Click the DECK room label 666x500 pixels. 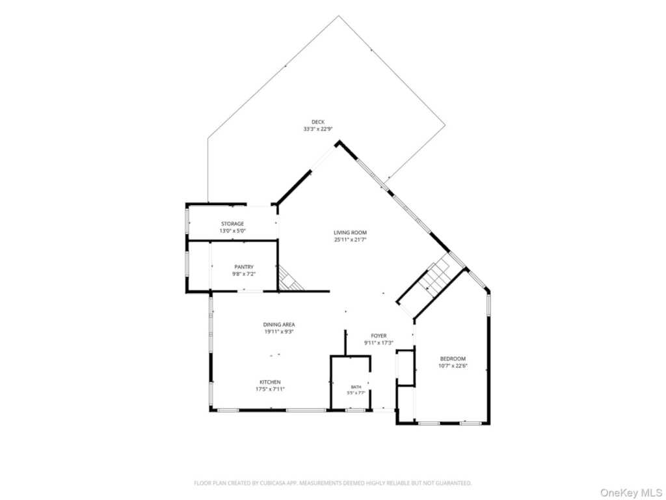(317, 122)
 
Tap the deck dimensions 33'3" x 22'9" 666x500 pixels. (317, 129)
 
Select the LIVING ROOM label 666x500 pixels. (350, 232)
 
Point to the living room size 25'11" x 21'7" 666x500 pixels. (350, 240)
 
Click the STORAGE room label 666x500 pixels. (232, 224)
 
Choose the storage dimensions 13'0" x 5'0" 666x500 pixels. (232, 231)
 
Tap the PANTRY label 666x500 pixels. (244, 267)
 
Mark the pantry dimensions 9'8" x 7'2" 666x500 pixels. (244, 274)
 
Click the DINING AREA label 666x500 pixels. (278, 325)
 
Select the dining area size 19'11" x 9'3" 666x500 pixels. (278, 331)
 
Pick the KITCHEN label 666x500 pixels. (270, 382)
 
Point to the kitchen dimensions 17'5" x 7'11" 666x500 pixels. (270, 389)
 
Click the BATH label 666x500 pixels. (356, 387)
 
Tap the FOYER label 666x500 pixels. (379, 336)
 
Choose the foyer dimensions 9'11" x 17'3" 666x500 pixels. (379, 342)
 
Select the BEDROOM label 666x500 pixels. (453, 359)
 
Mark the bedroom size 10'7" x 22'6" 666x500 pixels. (453, 366)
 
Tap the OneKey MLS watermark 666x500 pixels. (632, 493)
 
